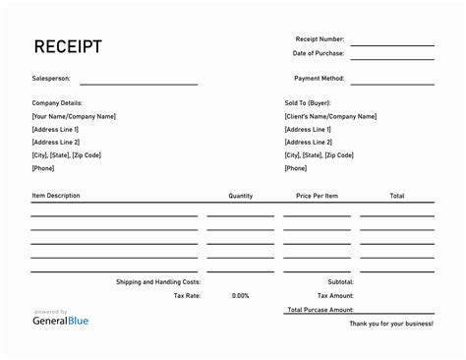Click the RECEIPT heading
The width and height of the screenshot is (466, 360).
[x=68, y=46]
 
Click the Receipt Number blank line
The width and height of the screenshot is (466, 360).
[x=392, y=43]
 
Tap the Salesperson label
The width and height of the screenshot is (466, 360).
[x=50, y=78]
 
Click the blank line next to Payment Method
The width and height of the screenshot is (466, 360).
[x=392, y=81]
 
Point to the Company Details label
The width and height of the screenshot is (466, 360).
[x=57, y=103]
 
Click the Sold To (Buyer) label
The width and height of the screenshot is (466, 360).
[x=309, y=103]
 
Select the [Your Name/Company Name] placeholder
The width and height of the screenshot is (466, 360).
[x=74, y=116]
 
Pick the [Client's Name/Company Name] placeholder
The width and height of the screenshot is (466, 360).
[x=330, y=116]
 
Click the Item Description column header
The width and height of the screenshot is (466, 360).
[x=56, y=196]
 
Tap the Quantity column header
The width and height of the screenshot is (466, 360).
[x=241, y=196]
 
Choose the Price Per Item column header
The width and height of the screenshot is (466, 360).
[x=317, y=196]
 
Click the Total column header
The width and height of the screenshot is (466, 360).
[x=396, y=196]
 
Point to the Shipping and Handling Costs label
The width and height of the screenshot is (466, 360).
[x=157, y=281]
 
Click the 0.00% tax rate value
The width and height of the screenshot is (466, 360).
[x=241, y=295]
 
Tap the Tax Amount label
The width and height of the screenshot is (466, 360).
[x=335, y=295]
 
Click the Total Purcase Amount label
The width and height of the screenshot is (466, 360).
[x=320, y=309]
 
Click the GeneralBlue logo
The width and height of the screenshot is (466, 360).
[x=64, y=319]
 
